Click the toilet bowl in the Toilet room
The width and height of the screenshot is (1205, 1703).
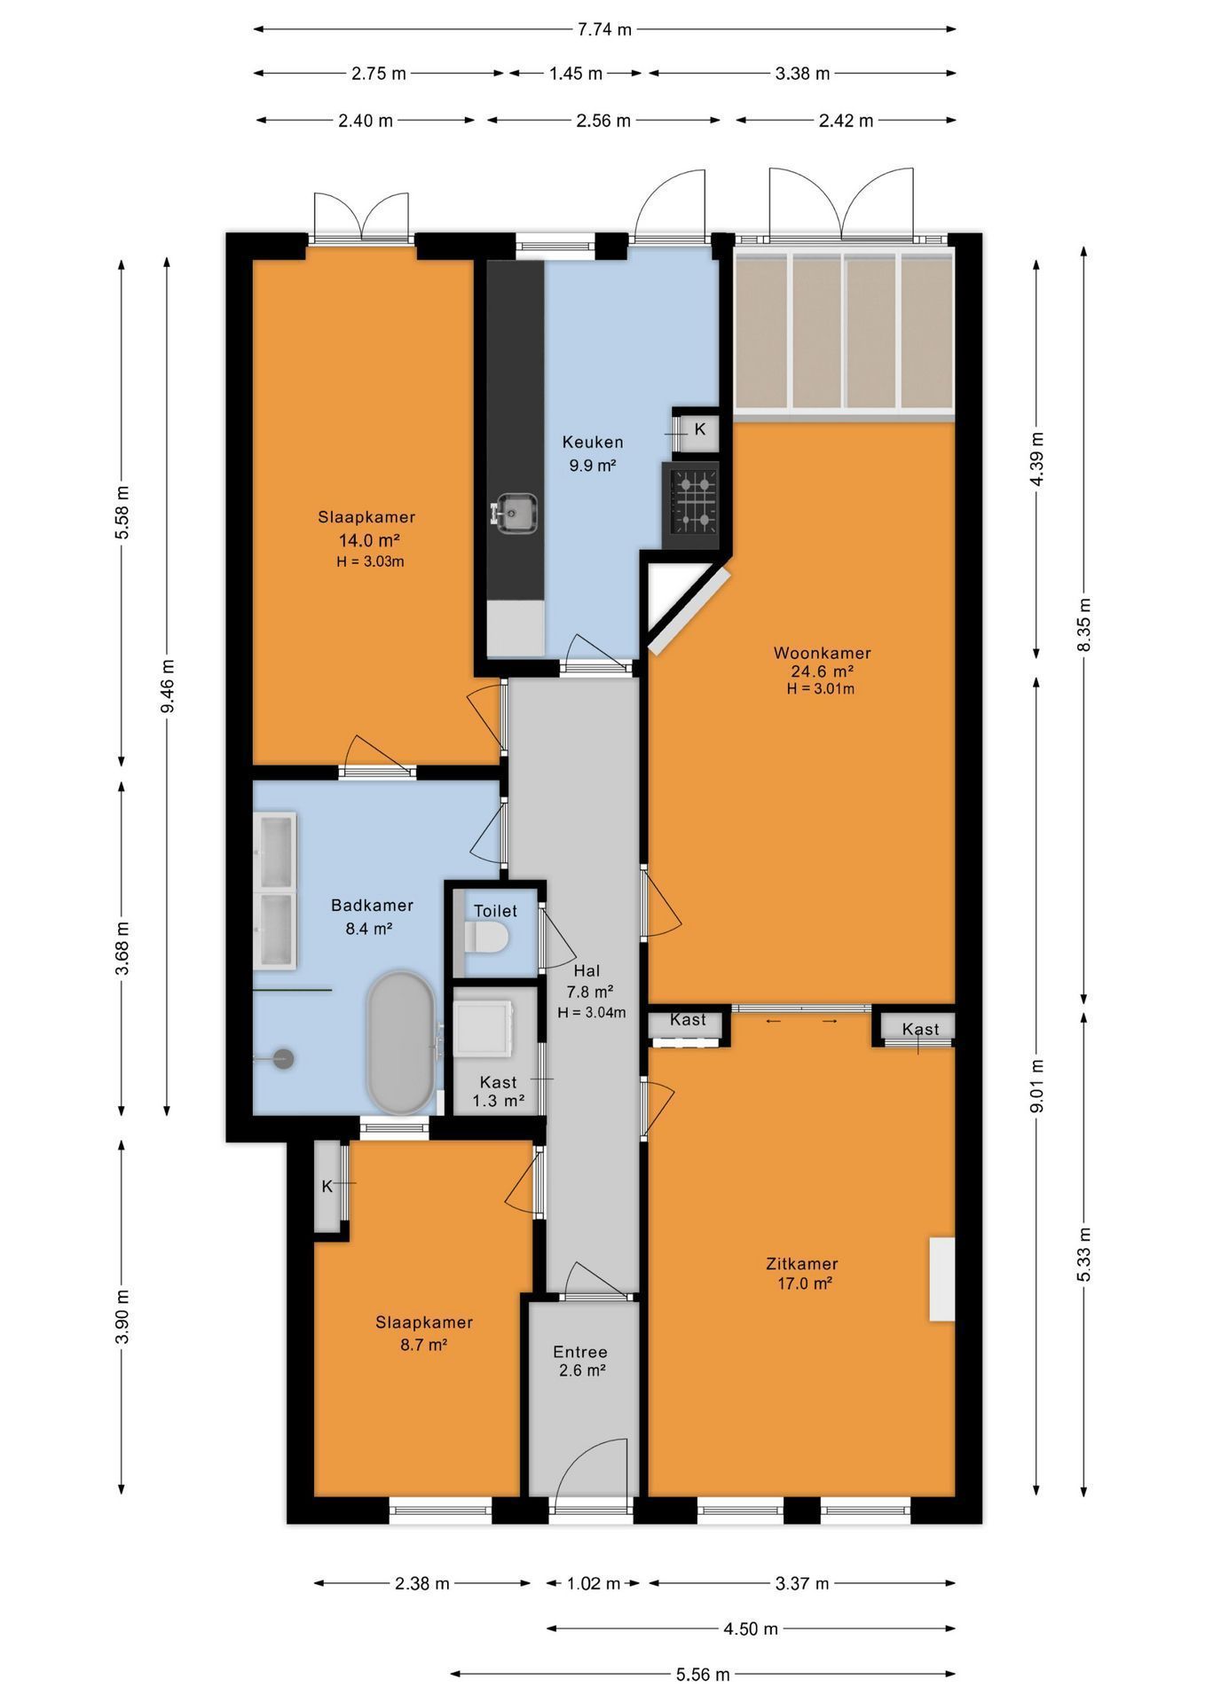pos(485,937)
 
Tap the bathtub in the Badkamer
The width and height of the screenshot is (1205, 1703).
pos(401,1042)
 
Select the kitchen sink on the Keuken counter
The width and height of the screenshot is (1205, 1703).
pos(516,513)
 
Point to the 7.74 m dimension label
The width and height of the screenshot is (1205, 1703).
pos(604,29)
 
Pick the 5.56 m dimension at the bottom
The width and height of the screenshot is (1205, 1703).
pos(703,1675)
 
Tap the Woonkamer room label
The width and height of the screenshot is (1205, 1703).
pos(822,653)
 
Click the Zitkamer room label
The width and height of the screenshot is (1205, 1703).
pos(802,1264)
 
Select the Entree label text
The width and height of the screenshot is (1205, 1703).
pos(580,1352)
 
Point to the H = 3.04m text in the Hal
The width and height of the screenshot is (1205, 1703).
pos(591,1012)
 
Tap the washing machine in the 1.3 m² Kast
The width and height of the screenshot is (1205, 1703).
pos(484,1028)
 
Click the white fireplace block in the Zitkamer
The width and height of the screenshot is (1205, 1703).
pos(941,1279)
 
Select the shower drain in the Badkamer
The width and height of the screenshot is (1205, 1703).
pos(283,1058)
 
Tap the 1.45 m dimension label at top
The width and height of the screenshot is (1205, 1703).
pos(576,74)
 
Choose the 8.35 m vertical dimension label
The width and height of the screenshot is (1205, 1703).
pos(1083,624)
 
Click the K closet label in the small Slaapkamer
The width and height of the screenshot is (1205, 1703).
pos(327,1186)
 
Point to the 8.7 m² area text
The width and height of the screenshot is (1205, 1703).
pos(423,1345)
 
